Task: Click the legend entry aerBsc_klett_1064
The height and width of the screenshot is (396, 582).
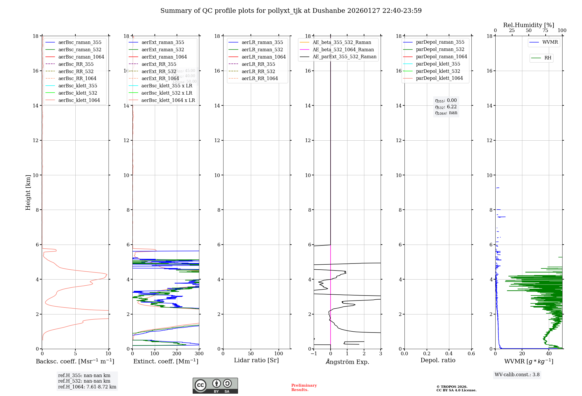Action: [79, 100]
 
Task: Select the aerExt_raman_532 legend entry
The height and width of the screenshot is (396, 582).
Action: [163, 50]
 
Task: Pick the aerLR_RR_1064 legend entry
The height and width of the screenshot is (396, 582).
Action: [260, 78]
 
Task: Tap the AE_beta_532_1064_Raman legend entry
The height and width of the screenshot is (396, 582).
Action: [343, 49]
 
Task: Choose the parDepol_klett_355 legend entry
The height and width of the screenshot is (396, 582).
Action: [438, 64]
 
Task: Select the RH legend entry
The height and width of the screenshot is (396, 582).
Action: [548, 58]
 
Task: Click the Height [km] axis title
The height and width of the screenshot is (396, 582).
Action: [28, 192]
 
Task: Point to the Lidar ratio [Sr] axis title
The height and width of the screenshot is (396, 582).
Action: [256, 360]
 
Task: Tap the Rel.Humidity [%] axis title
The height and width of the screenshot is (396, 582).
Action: [528, 25]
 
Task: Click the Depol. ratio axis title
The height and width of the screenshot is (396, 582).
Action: [438, 360]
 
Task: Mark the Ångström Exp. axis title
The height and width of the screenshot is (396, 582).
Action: [347, 362]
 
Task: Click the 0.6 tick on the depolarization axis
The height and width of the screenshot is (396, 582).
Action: [471, 353]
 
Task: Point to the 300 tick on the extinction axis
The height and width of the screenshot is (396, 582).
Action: [199, 353]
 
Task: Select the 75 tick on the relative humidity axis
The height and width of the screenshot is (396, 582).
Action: [545, 30]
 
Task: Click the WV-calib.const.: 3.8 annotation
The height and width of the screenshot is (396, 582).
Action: [517, 375]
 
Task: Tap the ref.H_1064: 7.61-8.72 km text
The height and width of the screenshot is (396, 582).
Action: [87, 387]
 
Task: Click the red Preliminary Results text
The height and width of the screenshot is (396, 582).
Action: [304, 388]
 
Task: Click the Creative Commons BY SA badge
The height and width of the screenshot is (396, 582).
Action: [215, 386]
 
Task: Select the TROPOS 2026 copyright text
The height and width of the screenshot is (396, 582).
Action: [456, 388]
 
